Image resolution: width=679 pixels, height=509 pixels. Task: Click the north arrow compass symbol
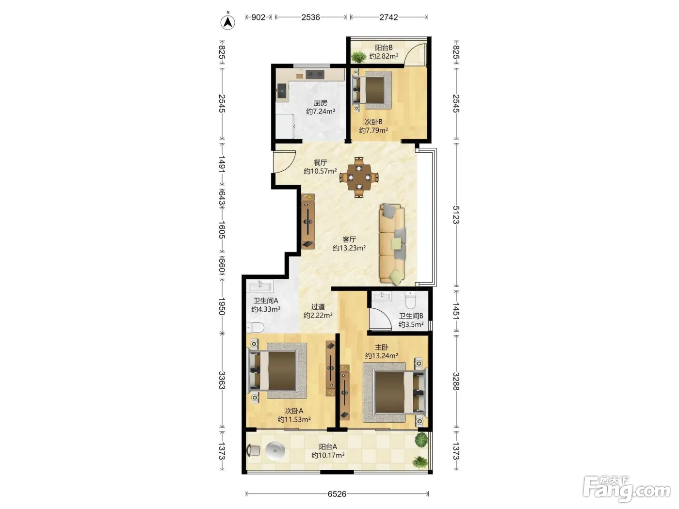click(x=227, y=22)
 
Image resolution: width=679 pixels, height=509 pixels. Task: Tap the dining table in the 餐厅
click(x=359, y=177)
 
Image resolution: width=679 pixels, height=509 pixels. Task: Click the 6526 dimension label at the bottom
click(x=337, y=494)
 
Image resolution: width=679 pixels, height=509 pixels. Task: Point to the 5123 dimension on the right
click(x=456, y=215)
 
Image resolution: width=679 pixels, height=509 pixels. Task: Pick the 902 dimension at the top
click(x=259, y=17)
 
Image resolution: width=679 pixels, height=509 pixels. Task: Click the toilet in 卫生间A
click(x=255, y=327)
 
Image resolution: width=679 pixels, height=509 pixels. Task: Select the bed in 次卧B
click(x=372, y=90)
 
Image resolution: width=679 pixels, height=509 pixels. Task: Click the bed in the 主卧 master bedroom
click(x=395, y=392)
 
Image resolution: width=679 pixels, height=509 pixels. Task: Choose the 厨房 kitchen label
click(x=321, y=103)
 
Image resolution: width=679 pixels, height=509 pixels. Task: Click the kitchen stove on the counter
click(x=315, y=74)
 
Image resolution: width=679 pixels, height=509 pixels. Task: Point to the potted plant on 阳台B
click(x=358, y=57)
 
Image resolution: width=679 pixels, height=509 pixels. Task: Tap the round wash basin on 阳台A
click(x=275, y=451)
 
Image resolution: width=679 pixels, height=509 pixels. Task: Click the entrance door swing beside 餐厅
click(x=283, y=161)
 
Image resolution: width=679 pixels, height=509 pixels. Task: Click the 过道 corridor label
click(x=318, y=307)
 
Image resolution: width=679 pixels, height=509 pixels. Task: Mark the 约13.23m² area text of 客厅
click(x=349, y=248)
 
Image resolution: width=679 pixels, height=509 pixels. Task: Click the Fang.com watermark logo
click(x=627, y=490)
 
